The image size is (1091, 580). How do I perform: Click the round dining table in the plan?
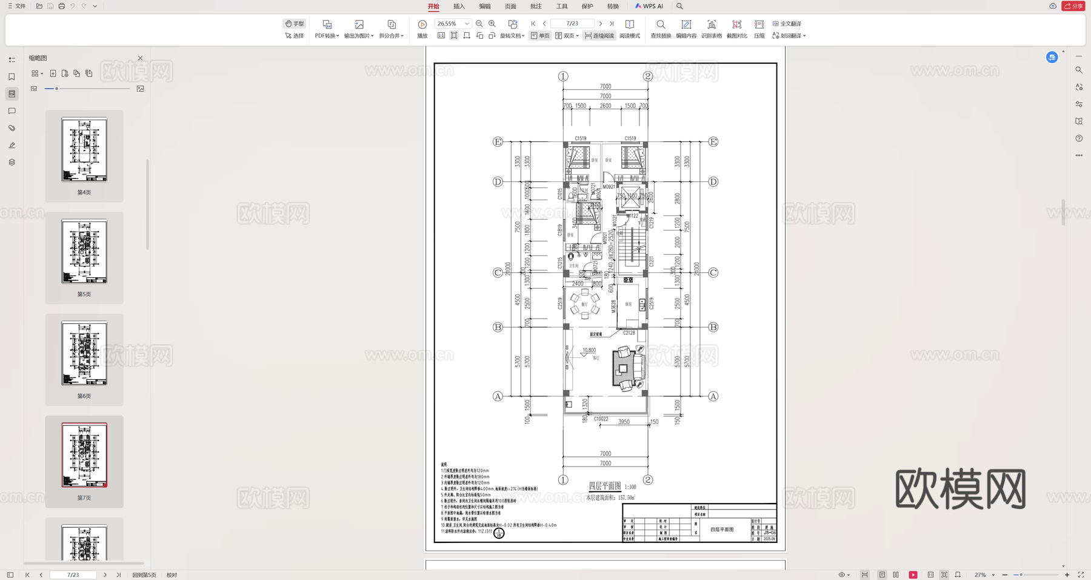[584, 304]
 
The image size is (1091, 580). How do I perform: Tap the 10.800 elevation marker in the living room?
[589, 350]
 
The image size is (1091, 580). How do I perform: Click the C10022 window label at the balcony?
[601, 419]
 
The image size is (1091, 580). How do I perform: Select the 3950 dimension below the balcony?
[624, 422]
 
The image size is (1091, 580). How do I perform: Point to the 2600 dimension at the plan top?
[605, 106]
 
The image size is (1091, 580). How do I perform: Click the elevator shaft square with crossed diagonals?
[630, 197]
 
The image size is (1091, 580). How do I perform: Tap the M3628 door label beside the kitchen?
[613, 306]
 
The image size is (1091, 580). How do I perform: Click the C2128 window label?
[629, 332]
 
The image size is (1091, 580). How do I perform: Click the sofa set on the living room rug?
[628, 368]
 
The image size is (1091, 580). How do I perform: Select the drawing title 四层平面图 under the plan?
[605, 486]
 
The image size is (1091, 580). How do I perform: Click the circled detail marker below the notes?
[499, 533]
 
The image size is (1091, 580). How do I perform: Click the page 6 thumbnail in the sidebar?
[84, 353]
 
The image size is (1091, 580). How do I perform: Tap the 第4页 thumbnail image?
[84, 149]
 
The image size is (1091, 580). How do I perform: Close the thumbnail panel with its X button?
[140, 58]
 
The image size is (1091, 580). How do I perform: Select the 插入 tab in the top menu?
[459, 6]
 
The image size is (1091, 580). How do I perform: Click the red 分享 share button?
[1073, 6]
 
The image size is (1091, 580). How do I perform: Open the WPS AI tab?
[649, 6]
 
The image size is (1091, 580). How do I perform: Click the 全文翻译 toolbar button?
[787, 24]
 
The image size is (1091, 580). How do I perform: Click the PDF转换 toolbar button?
[327, 29]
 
